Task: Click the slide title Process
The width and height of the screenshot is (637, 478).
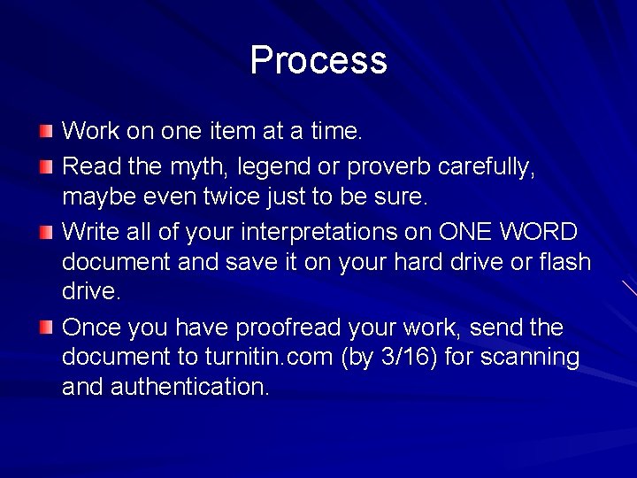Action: [x=318, y=60]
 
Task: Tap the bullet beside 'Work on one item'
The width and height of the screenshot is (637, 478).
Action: [x=46, y=132]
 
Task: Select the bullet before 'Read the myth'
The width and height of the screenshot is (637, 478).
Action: [x=46, y=166]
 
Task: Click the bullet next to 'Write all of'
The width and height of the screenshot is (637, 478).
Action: [x=46, y=233]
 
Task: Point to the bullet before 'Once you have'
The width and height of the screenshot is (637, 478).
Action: [x=46, y=328]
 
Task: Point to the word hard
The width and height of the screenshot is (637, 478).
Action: [x=409, y=263]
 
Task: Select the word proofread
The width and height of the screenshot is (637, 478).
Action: [x=288, y=328]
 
